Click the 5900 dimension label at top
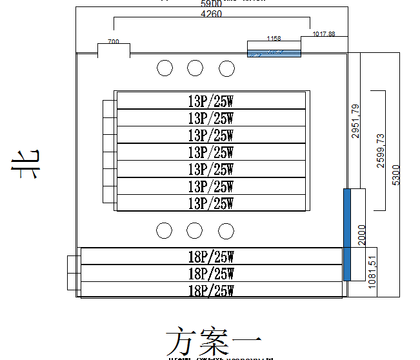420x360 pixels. coord(212,4)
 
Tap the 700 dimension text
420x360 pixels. coord(114,41)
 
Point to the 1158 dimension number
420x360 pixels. coord(274,39)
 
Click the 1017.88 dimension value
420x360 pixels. coord(323,34)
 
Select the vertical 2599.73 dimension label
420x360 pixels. coord(381,151)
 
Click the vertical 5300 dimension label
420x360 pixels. coord(396,174)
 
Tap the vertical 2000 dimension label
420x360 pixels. coord(361,235)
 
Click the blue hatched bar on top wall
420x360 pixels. coord(274,53)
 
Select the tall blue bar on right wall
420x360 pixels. coord(347,234)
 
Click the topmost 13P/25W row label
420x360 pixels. coord(210,101)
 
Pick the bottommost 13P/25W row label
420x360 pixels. coord(210,203)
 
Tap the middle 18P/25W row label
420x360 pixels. coord(210,274)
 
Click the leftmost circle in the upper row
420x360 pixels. coord(165,68)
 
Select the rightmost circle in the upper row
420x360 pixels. coord(226,68)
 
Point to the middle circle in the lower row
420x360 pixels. coord(195,230)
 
